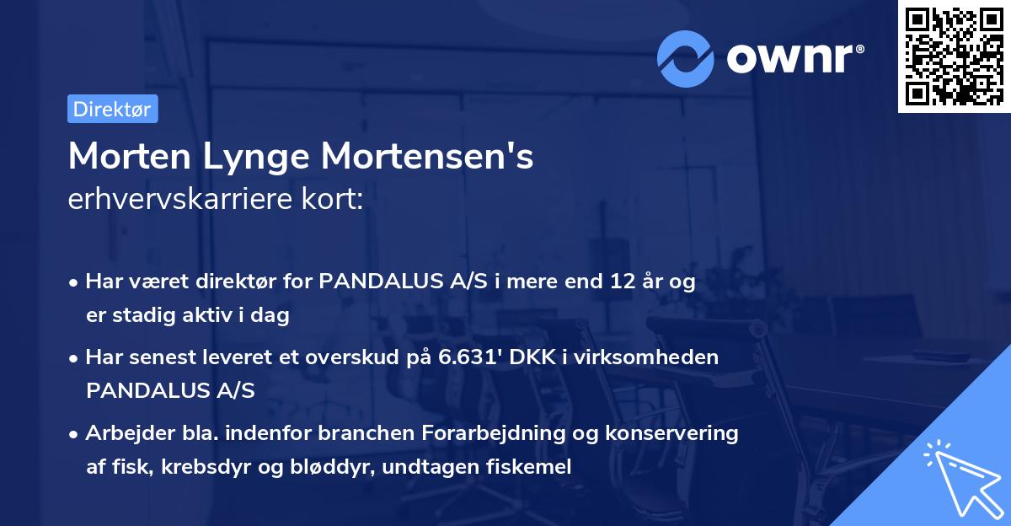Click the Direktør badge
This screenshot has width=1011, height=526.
pos(112,109)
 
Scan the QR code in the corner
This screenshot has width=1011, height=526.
pos(954,56)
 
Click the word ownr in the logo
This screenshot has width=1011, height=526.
pos(794,58)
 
